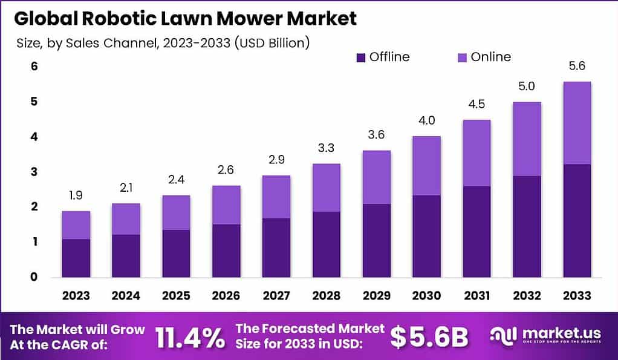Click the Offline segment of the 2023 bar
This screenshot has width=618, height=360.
pos(76,258)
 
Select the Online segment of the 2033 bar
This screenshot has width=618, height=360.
pos(576,123)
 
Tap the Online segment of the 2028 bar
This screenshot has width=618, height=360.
pos(326,188)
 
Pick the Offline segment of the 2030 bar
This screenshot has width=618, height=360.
pos(426,236)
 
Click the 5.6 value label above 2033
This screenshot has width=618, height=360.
pos(576,66)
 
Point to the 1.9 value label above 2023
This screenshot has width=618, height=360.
pos(76,196)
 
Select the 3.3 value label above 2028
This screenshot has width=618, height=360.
pos(326,148)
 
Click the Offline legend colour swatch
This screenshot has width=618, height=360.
pos(361,57)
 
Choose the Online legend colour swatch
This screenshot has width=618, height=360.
pos(461,57)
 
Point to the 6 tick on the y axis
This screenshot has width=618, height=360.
pos(34,66)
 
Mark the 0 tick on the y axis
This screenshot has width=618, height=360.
pos(34,277)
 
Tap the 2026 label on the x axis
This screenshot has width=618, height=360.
pos(226,296)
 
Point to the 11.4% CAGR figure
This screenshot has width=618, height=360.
pos(190,338)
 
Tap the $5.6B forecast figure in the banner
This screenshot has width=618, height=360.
pos(429,338)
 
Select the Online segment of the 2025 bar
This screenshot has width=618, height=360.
pos(176,212)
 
